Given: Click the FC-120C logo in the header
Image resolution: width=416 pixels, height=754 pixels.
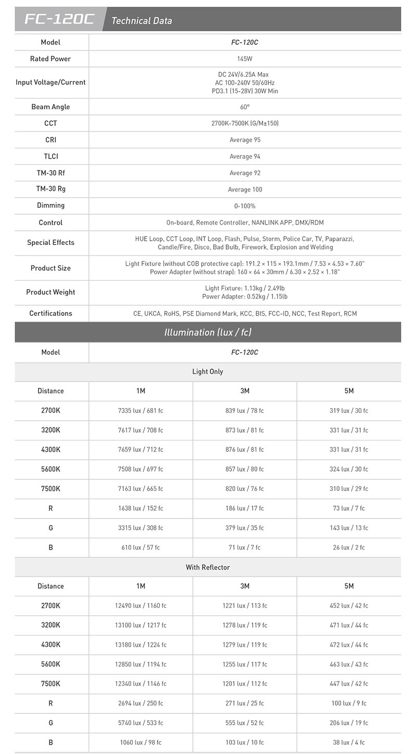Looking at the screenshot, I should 59,20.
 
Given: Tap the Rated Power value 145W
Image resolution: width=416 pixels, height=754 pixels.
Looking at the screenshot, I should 244,59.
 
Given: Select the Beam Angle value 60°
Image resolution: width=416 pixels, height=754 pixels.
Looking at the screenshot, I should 244,107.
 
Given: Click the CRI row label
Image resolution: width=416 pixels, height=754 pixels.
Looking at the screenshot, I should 50,140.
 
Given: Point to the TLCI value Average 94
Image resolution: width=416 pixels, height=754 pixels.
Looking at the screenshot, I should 244,157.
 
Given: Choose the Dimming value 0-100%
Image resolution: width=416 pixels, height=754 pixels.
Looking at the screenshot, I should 244,206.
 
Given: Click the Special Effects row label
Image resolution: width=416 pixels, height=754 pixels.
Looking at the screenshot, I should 50,242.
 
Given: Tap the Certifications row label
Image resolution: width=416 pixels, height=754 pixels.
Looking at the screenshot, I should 50,313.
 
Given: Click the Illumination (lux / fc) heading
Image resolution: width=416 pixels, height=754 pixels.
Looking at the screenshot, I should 207,332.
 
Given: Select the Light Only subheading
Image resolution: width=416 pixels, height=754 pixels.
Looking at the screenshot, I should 207,372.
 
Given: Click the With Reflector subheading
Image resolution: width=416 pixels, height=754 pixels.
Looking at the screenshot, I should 207,567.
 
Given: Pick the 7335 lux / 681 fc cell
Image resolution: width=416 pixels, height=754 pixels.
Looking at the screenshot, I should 140,411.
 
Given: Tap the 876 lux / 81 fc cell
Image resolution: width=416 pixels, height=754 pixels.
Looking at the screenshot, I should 244,450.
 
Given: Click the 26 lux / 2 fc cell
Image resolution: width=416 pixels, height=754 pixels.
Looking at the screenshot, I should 348,548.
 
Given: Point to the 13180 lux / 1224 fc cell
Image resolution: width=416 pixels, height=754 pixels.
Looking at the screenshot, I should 140,645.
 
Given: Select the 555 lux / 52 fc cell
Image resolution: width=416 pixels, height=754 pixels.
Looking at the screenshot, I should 244,723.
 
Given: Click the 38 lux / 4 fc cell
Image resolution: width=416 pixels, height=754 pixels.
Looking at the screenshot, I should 348,743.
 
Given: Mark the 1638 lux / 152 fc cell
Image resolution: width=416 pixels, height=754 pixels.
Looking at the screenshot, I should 140,509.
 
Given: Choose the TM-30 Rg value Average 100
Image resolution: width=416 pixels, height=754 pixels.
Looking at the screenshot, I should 244,189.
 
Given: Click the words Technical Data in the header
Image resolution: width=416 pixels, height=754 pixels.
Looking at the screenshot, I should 141,21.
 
